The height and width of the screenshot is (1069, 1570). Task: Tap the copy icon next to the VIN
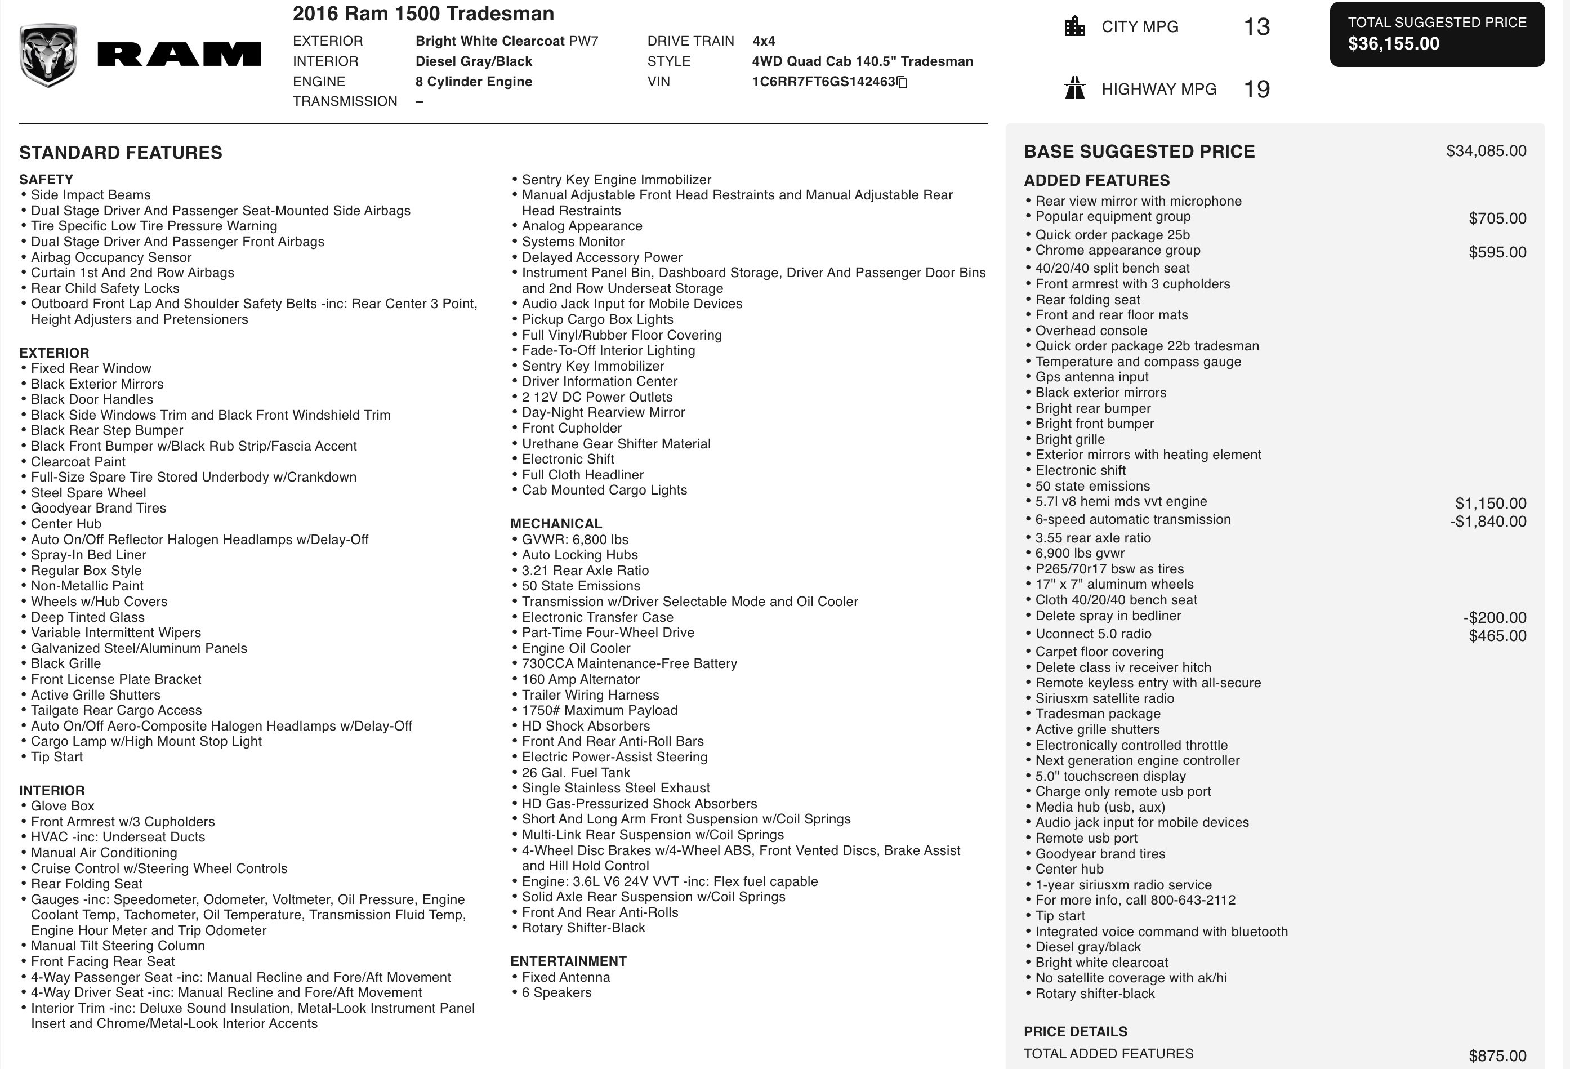[902, 82]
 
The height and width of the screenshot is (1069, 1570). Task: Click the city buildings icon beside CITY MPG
[1074, 27]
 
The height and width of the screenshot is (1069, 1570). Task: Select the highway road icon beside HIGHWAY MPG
[1074, 88]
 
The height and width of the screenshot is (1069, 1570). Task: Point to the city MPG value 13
[1256, 27]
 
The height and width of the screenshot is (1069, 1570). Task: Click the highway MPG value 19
[1256, 89]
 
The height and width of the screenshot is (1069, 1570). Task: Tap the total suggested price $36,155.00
[1393, 44]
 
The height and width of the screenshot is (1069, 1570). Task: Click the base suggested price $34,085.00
[1486, 151]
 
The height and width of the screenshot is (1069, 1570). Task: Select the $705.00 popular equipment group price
[1497, 219]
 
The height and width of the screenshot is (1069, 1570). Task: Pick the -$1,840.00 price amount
[1488, 522]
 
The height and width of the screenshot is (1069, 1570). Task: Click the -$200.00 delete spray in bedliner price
[1495, 618]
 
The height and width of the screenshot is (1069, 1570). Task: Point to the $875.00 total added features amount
[1497, 1055]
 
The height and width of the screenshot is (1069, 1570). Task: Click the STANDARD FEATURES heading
[121, 153]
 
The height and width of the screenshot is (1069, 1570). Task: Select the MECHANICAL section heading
[556, 524]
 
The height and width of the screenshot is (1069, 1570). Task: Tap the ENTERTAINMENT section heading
[568, 961]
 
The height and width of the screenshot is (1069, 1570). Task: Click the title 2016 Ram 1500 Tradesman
[423, 14]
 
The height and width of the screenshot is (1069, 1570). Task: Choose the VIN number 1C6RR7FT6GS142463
[823, 82]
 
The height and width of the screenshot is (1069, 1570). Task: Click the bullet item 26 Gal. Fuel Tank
[576, 772]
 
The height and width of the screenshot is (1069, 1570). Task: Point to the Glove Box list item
[62, 805]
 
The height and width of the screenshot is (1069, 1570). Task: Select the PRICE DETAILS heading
[1076, 1031]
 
